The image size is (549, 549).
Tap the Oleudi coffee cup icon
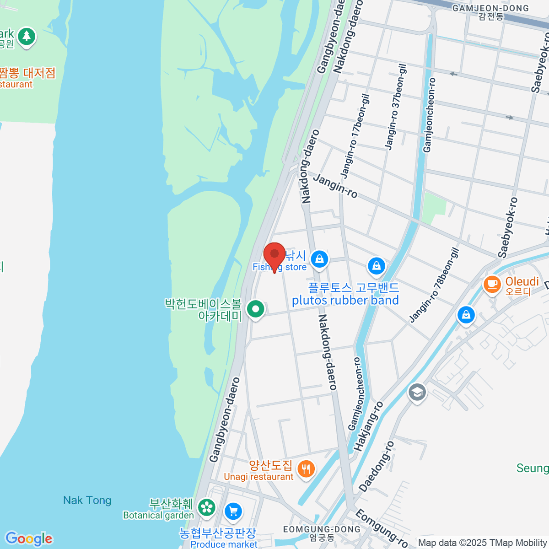pos(492,284)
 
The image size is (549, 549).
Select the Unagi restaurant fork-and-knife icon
pos(306,469)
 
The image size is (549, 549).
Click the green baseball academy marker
pos(256,309)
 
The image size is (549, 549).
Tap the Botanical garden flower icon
pos(207,507)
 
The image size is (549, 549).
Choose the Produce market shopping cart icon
pos(233,511)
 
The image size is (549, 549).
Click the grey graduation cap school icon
pos(417,392)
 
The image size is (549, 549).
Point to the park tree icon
pos(27,36)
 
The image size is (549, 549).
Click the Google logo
pos(29,539)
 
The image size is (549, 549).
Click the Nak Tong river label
pos(87,500)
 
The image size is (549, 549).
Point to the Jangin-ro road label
pos(335,186)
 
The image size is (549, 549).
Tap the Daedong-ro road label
pos(377,467)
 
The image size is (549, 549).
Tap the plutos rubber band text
pos(345,300)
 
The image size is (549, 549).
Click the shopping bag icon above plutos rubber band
pos(376,265)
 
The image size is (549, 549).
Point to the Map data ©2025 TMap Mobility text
pos(482,543)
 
